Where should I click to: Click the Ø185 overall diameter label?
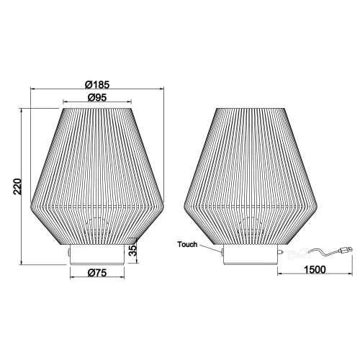[96, 81]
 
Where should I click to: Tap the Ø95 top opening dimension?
[96, 97]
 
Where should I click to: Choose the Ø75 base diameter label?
[96, 271]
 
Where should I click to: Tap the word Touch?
[188, 245]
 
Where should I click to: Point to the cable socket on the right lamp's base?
[278, 253]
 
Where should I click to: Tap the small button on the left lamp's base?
[68, 253]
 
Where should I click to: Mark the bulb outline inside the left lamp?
[96, 229]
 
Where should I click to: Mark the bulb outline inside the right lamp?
[250, 229]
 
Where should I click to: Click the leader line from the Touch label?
[210, 248]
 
